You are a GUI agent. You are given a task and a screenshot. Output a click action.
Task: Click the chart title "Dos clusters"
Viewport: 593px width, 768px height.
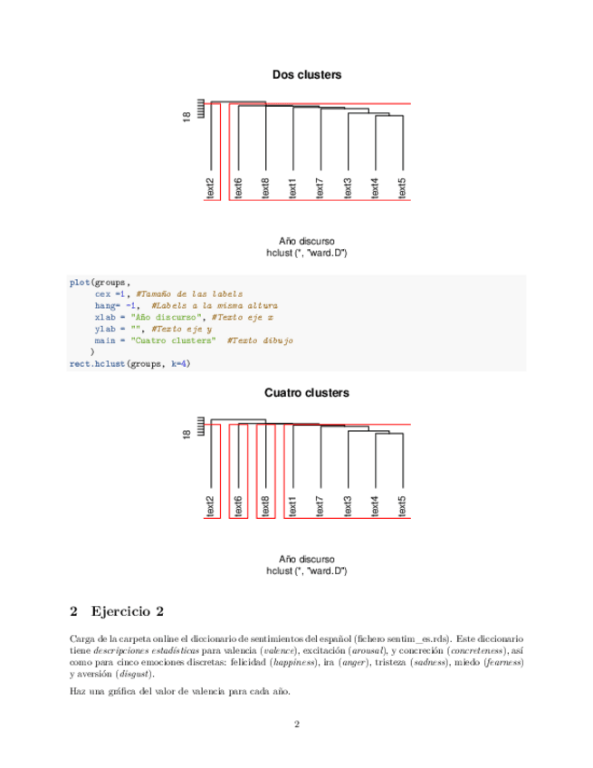(307, 74)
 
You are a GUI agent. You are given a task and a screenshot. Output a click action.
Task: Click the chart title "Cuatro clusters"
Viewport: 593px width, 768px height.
(307, 393)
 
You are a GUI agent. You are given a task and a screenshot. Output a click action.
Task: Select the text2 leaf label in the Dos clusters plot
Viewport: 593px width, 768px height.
(210, 188)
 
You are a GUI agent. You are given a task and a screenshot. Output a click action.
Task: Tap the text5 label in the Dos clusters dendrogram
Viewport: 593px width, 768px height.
(403, 188)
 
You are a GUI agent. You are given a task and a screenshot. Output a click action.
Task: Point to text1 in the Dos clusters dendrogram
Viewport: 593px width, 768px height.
(292, 188)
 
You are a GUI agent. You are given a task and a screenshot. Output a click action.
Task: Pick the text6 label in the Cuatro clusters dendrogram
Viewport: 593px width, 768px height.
(238, 507)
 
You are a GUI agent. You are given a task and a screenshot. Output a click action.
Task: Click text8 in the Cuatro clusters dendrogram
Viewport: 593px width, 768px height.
(265, 507)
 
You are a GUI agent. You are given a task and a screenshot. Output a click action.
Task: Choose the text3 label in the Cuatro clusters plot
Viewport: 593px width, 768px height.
(348, 507)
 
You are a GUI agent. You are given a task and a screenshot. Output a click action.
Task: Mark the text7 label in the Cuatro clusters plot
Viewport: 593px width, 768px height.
(320, 507)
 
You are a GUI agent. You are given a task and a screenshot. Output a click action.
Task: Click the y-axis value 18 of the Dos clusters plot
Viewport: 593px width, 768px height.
(187, 116)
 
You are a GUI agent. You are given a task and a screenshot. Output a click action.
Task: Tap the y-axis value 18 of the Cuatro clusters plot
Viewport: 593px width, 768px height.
(187, 435)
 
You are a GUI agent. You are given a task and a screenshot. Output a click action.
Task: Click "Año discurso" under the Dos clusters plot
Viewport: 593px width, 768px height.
(307, 241)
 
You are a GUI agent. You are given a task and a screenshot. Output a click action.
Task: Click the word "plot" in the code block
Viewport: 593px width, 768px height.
(80, 282)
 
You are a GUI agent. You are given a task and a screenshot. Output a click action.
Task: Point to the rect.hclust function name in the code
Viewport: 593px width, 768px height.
(96, 364)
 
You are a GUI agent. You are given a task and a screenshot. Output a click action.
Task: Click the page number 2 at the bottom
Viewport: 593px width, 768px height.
(296, 724)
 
